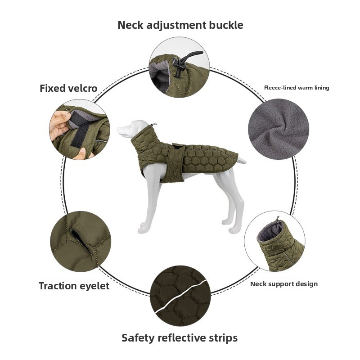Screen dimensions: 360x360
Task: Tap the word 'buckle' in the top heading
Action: [x=226, y=25]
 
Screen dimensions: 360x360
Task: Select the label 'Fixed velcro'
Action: [x=68, y=88]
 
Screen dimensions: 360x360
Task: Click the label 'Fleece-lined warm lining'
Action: [x=297, y=88]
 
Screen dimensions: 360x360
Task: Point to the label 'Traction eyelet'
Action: [x=74, y=286]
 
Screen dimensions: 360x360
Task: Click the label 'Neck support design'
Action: [x=284, y=284]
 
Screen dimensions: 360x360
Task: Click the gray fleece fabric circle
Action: [x=278, y=129]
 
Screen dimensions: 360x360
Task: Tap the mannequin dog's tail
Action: [x=241, y=160]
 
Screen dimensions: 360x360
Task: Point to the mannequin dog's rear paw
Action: [x=234, y=230]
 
